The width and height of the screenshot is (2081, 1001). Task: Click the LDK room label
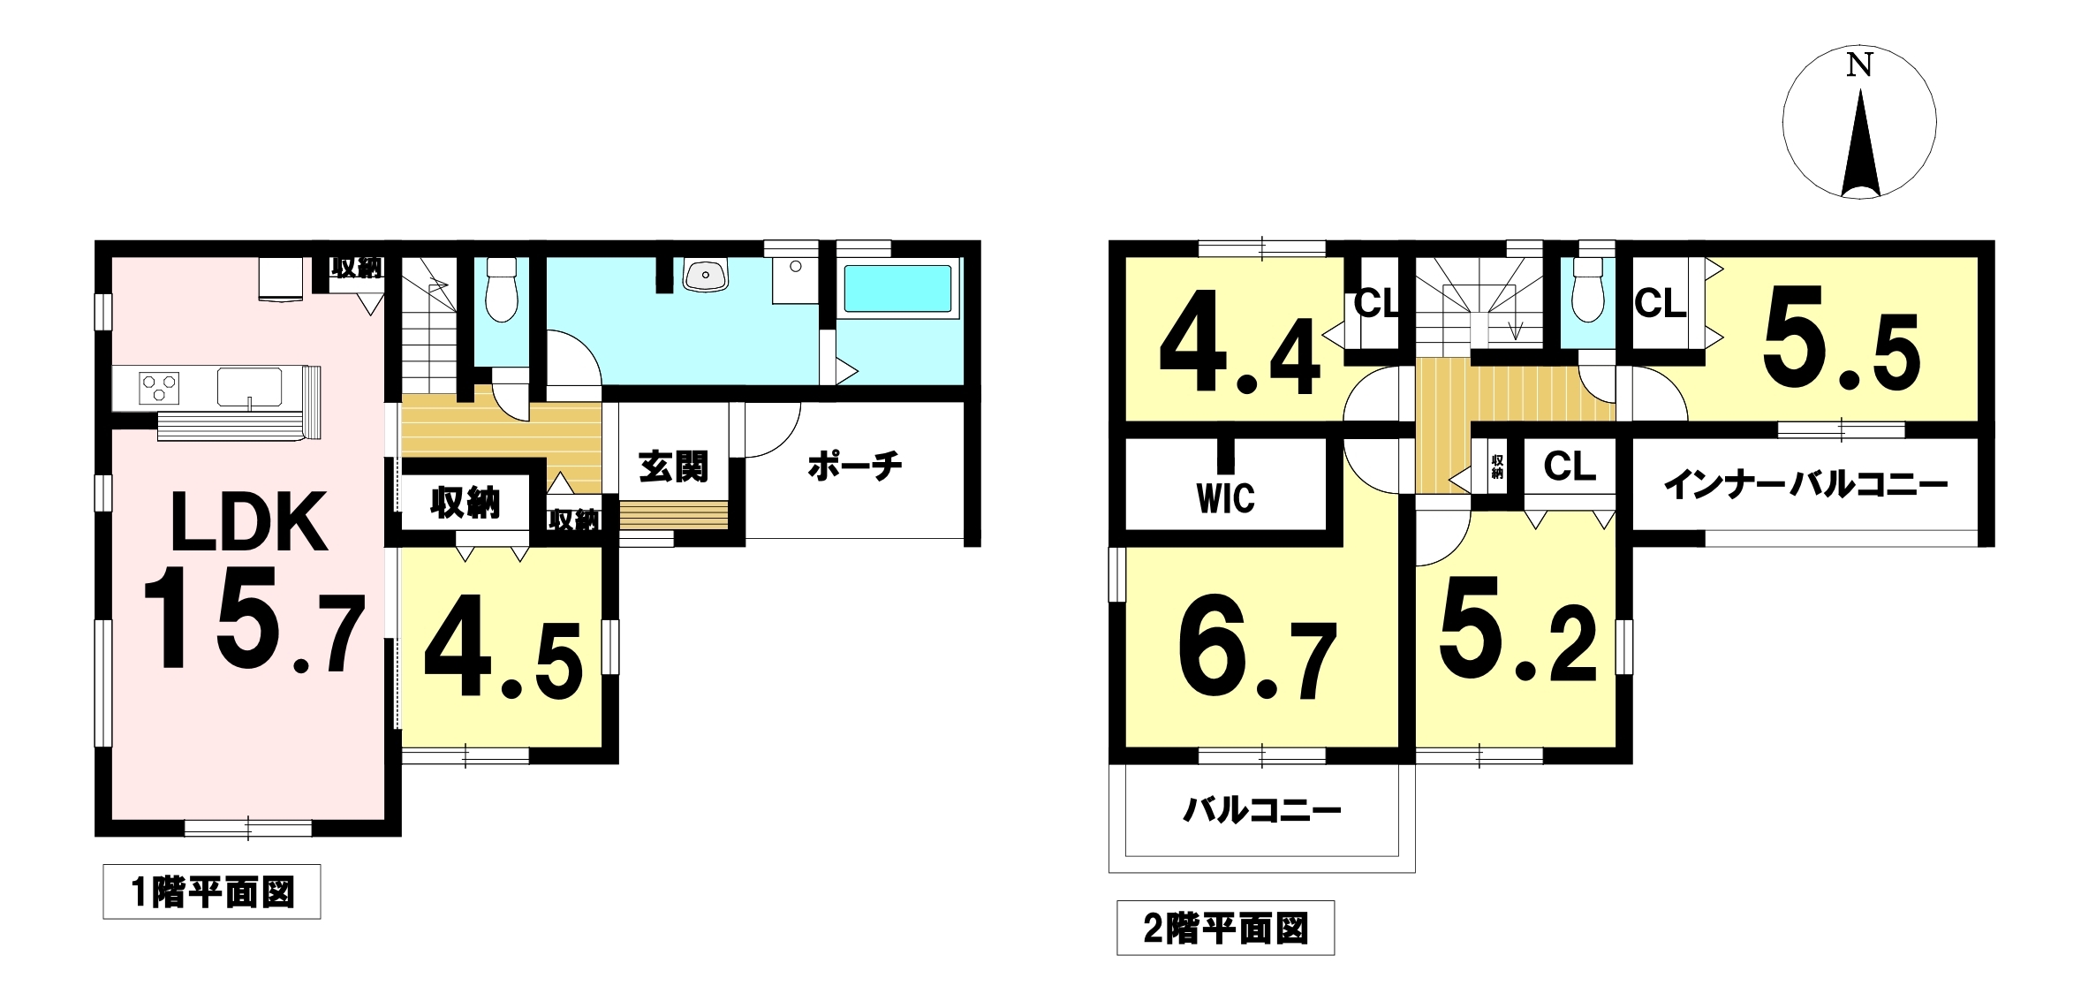pos(249,522)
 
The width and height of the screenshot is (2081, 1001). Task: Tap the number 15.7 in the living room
pos(254,619)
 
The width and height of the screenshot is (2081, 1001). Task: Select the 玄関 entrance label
pos(674,466)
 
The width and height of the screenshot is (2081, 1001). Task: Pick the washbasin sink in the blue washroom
pos(705,275)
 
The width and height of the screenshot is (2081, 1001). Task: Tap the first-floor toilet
pos(501,289)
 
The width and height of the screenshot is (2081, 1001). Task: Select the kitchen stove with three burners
pos(159,388)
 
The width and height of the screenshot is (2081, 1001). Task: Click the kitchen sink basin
pos(250,387)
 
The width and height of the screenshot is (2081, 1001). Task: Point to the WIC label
pos(1225,499)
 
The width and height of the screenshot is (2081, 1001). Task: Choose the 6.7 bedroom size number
pos(1258,648)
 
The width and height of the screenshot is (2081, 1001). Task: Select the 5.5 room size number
pos(1841,338)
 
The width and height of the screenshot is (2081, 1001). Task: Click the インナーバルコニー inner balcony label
pos(1805,485)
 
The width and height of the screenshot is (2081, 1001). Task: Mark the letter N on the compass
pos(1859,64)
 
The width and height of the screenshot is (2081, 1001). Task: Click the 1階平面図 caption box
pos(212,891)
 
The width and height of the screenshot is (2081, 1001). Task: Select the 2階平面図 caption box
pos(1225,928)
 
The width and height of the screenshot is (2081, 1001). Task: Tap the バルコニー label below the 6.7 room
pos(1261,809)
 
